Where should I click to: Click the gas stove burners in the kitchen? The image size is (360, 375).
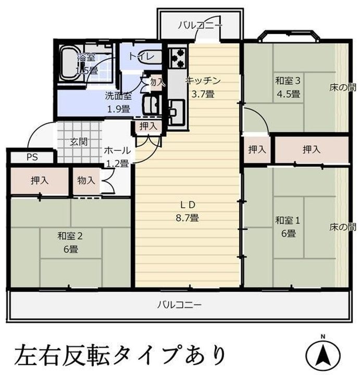[x=178, y=57]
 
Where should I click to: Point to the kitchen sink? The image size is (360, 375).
[x=176, y=110]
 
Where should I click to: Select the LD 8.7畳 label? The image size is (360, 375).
[x=187, y=211]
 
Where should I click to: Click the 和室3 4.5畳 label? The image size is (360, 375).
[x=288, y=87]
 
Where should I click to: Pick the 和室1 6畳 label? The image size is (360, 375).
[x=287, y=227]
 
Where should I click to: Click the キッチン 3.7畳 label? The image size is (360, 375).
[x=203, y=87]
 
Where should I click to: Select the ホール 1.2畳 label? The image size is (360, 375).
[x=117, y=156]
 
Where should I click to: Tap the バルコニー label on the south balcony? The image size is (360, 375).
[x=179, y=305]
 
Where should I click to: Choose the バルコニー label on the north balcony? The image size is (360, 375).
[x=200, y=24]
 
